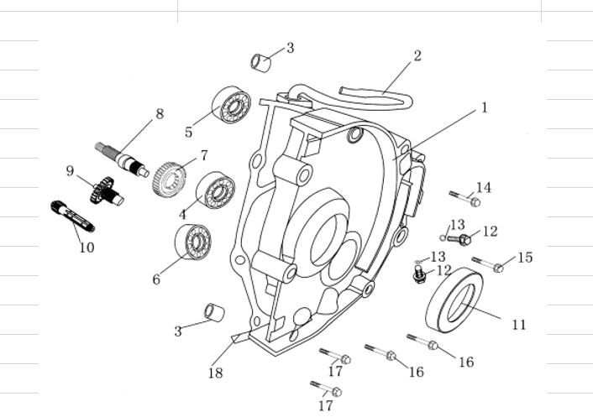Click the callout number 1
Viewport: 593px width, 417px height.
[x=485, y=108]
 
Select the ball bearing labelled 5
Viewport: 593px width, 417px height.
[x=230, y=105]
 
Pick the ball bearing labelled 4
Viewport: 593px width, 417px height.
[x=215, y=190]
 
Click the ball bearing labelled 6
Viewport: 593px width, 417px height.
[x=193, y=242]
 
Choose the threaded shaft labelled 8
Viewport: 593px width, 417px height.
[x=122, y=159]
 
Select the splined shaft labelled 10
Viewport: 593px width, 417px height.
[x=72, y=216]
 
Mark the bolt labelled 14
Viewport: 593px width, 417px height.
[x=464, y=199]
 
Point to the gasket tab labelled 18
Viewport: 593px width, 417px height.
[x=236, y=337]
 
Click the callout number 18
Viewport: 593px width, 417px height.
[x=216, y=373]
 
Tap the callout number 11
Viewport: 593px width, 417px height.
[x=518, y=324]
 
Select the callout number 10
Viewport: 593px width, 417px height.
[x=87, y=248]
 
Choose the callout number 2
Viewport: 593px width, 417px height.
[x=417, y=56]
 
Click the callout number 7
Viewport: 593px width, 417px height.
[x=202, y=155]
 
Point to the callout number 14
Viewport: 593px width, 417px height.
[x=484, y=187]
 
